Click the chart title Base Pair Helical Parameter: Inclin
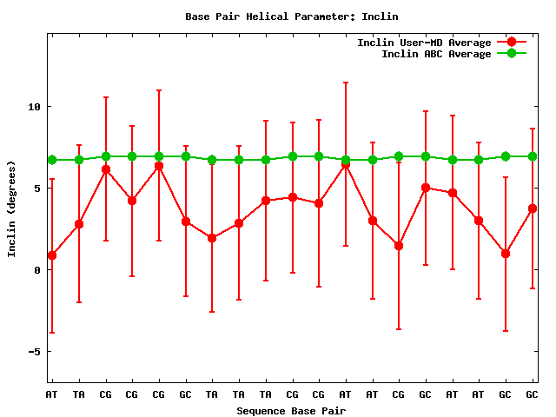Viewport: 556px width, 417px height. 292,17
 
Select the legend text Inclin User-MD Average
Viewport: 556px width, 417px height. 424,43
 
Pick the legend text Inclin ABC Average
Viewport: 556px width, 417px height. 436,54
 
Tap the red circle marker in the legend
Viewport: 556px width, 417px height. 512,42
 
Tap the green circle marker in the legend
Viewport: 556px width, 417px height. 512,53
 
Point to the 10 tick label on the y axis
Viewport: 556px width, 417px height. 35,106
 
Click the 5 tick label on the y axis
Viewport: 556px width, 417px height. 37,188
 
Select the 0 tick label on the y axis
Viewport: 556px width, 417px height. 37,270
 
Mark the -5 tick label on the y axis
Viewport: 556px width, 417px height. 35,351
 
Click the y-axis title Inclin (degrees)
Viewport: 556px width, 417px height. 11,209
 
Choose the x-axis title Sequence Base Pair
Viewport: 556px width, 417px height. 291,411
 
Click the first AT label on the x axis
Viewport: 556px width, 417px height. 52,394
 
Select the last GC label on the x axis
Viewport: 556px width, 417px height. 532,394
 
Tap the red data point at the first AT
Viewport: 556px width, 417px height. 52,255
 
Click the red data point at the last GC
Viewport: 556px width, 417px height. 533,208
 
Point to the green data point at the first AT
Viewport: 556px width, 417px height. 52,160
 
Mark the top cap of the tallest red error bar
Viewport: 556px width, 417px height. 346,83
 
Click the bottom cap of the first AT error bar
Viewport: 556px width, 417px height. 52,333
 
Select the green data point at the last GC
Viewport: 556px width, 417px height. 533,156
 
